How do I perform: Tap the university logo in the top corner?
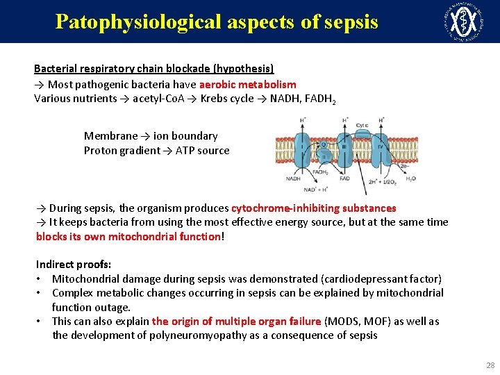click(464, 22)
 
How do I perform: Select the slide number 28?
click(491, 365)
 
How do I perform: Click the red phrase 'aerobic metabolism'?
click(247, 84)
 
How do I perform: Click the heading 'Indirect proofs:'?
click(74, 265)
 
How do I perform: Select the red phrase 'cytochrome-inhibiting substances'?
click(314, 208)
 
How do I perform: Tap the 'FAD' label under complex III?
click(345, 178)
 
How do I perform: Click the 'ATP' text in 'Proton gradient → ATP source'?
click(185, 151)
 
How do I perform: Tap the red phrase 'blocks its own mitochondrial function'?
click(128, 236)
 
